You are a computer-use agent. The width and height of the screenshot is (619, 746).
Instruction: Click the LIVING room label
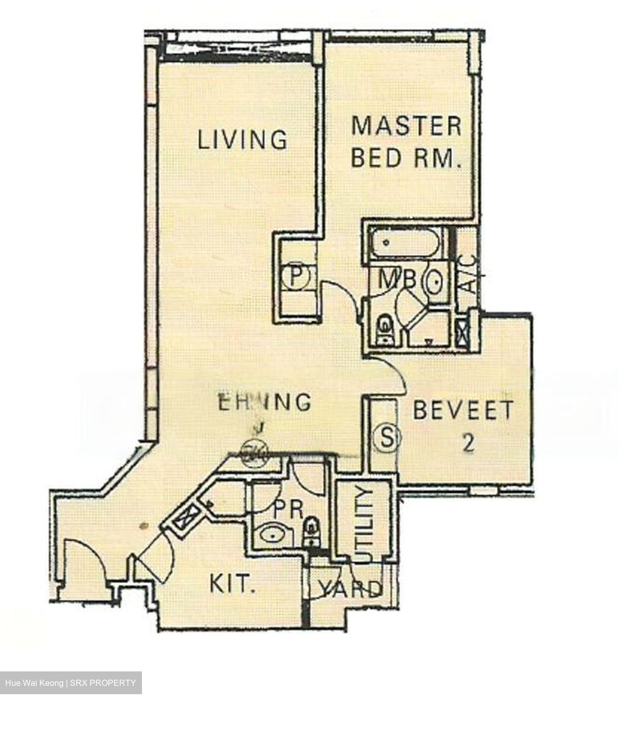click(x=242, y=139)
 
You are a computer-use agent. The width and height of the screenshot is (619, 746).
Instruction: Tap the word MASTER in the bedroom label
click(x=406, y=126)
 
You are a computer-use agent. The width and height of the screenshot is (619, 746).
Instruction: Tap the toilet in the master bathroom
click(x=384, y=329)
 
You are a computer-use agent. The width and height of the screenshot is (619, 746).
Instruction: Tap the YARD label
click(x=350, y=589)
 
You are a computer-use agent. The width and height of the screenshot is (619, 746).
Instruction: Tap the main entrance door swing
click(x=83, y=562)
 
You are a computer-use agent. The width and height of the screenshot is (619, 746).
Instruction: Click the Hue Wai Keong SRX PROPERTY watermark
click(x=70, y=683)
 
